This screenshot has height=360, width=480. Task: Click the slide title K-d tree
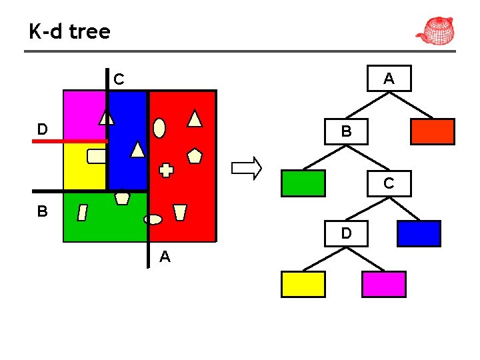click(x=69, y=31)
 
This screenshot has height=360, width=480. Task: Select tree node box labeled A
click(x=389, y=79)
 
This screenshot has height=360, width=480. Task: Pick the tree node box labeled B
click(x=345, y=131)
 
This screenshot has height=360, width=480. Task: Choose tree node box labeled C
click(x=389, y=183)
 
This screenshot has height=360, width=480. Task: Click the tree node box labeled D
click(x=346, y=233)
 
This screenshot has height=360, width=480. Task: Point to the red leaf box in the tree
click(x=432, y=132)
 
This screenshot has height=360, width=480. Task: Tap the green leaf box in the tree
click(x=303, y=183)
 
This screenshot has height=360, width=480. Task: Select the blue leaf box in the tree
click(x=419, y=233)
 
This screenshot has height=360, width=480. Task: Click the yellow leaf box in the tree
click(x=303, y=284)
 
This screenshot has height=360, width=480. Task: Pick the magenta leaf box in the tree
click(x=383, y=284)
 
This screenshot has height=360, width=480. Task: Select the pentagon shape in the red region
click(x=195, y=156)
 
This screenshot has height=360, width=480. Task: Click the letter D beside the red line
click(x=42, y=129)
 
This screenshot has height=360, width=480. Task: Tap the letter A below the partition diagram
click(x=165, y=257)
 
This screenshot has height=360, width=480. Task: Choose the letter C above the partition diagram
click(x=118, y=79)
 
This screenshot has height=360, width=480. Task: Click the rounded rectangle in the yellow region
click(x=97, y=156)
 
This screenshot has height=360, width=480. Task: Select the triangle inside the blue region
click(x=137, y=149)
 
